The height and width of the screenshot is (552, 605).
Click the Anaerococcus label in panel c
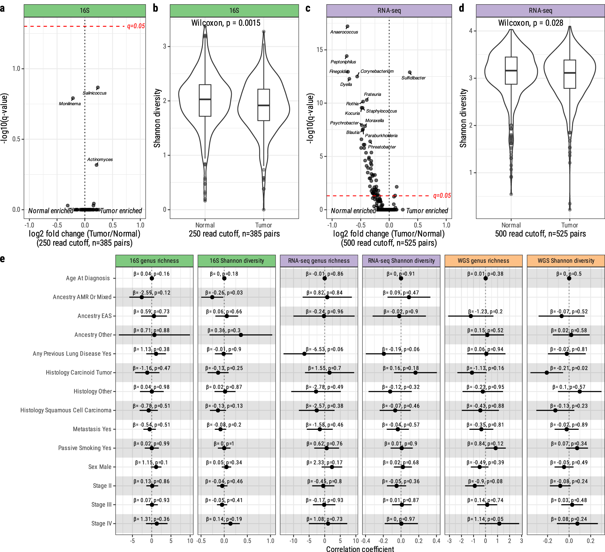click(344, 32)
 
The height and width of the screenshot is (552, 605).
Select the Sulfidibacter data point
click(410, 72)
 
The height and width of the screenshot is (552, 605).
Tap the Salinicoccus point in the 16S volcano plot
click(98, 88)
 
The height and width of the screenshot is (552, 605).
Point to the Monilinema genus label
click(70, 104)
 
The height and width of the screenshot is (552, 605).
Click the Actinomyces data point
click(96, 165)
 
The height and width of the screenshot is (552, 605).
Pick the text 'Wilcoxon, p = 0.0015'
click(226, 23)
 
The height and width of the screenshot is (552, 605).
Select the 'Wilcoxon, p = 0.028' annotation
click(531, 23)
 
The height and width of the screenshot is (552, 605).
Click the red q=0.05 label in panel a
click(136, 26)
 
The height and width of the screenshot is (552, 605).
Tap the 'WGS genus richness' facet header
click(483, 261)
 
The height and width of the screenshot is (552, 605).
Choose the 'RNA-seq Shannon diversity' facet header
click(401, 261)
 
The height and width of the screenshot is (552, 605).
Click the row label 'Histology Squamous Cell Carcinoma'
click(66, 410)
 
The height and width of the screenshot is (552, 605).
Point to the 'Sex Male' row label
click(100, 467)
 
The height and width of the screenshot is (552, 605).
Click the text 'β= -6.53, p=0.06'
click(324, 349)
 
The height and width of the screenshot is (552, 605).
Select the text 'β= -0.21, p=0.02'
click(569, 368)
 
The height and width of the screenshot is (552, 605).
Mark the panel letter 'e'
click(3, 259)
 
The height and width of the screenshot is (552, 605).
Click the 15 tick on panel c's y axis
click(320, 50)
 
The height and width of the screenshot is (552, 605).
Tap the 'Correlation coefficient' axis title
click(360, 549)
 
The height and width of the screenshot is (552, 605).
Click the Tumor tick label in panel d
click(569, 225)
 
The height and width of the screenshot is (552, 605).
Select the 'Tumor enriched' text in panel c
click(427, 211)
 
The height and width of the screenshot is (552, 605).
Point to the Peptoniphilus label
click(343, 62)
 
